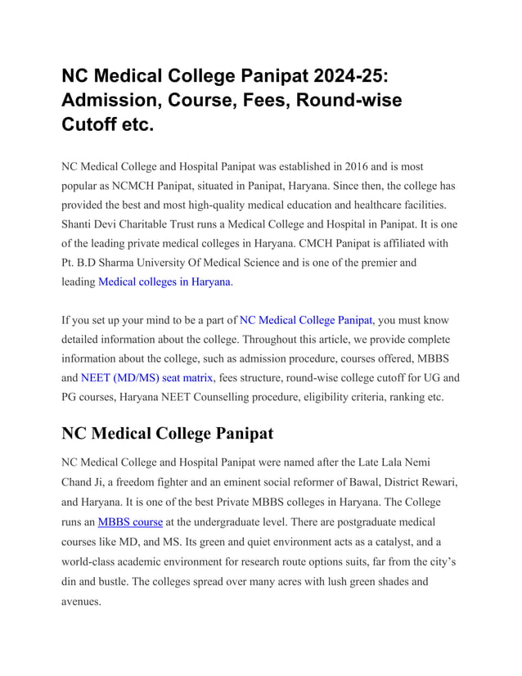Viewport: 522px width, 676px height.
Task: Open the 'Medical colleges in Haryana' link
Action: tap(164, 282)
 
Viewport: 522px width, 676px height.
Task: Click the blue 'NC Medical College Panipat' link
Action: tap(306, 320)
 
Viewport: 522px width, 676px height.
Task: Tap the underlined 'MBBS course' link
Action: tap(130, 521)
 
